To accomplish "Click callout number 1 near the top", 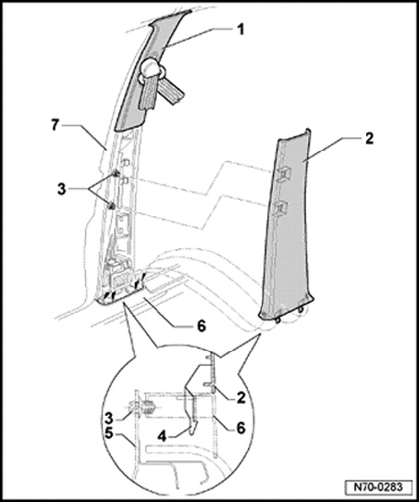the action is [240, 30].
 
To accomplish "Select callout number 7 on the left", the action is [55, 125].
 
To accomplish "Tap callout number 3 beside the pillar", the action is [61, 189].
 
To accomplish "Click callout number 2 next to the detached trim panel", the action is [369, 139].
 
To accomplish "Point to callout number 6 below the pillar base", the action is [202, 326].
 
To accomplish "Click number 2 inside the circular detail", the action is [240, 397].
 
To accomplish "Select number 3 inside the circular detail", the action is [109, 418].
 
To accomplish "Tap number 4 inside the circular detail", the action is [163, 435].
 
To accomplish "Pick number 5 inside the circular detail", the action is [109, 434].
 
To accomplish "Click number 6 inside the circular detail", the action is [240, 428].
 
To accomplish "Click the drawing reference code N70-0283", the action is [378, 487].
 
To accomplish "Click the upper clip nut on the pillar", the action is [115, 174].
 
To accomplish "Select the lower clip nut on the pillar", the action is [112, 207].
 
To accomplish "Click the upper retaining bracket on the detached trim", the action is [283, 173].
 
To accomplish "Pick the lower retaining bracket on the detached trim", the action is [280, 207].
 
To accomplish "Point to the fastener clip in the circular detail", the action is [143, 409].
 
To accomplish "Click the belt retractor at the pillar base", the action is [119, 272].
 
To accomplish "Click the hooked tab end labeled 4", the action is [193, 428].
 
